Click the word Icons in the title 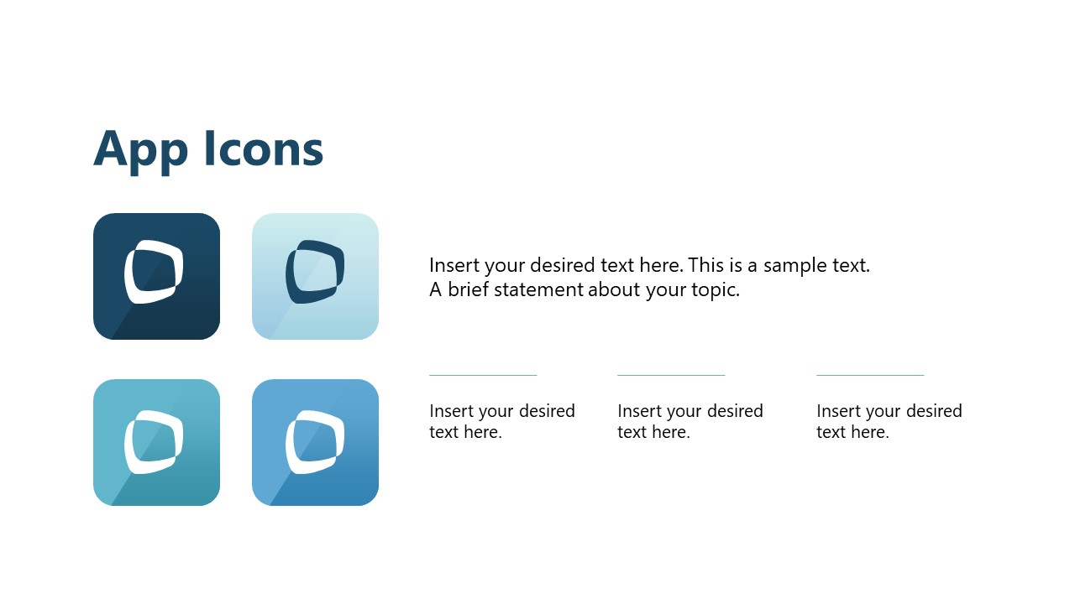click(263, 148)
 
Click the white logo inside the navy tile click(154, 272)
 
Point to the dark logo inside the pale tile click(315, 272)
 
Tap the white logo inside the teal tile click(154, 441)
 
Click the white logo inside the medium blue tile click(315, 441)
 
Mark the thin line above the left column click(483, 375)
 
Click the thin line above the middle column click(671, 375)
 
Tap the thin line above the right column click(870, 375)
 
